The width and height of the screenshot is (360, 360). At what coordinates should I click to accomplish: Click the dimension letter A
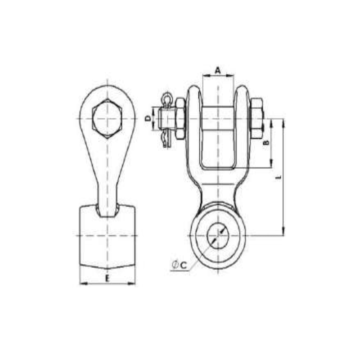tap(218, 70)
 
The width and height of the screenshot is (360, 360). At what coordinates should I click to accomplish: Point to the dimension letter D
tap(148, 118)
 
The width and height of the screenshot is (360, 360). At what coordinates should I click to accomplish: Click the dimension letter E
tap(107, 279)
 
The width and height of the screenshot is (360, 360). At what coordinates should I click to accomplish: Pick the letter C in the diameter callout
tap(183, 265)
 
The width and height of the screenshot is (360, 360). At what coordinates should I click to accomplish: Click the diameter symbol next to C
tap(175, 265)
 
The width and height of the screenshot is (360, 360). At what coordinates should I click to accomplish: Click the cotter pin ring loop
tap(167, 97)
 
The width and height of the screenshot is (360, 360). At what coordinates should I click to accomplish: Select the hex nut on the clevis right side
tap(256, 118)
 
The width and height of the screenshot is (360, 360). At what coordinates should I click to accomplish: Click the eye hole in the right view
tap(218, 235)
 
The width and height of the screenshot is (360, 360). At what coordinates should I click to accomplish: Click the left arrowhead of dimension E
tap(81, 283)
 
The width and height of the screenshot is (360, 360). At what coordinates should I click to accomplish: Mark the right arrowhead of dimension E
tap(133, 283)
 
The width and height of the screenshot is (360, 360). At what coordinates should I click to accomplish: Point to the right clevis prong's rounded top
tap(241, 88)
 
